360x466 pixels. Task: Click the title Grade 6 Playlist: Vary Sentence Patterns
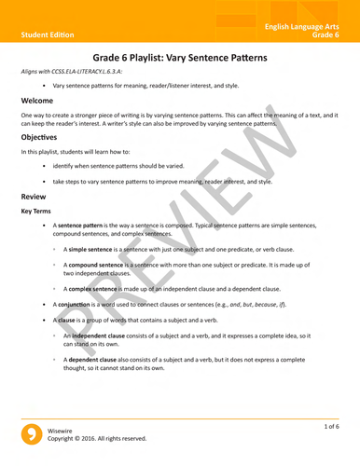pyautogui.click(x=180, y=58)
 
